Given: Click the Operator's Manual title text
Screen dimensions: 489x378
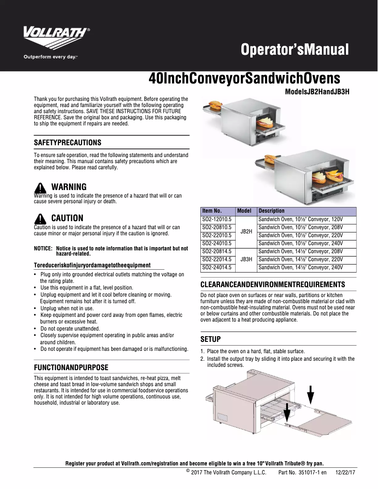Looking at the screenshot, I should [x=294, y=50].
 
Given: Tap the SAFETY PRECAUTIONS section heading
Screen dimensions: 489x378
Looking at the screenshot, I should [x=67, y=142].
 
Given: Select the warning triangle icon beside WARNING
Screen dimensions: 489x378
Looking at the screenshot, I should [x=41, y=187].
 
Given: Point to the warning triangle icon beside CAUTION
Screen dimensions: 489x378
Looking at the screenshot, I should [x=41, y=218].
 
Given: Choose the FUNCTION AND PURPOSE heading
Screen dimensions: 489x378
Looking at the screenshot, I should [x=71, y=367].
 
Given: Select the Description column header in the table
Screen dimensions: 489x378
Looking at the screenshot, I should [x=271, y=211].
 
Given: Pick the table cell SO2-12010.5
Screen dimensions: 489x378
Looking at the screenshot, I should [x=216, y=220].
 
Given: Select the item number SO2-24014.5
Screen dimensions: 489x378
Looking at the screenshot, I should [x=216, y=268].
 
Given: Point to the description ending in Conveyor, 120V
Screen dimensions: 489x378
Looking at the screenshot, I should [x=300, y=220].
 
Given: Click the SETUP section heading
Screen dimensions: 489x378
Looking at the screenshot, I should [x=211, y=339].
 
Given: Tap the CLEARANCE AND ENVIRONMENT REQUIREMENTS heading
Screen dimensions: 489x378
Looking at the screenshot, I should [x=273, y=284].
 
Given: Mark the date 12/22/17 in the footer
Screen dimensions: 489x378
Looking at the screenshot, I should [x=345, y=472].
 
